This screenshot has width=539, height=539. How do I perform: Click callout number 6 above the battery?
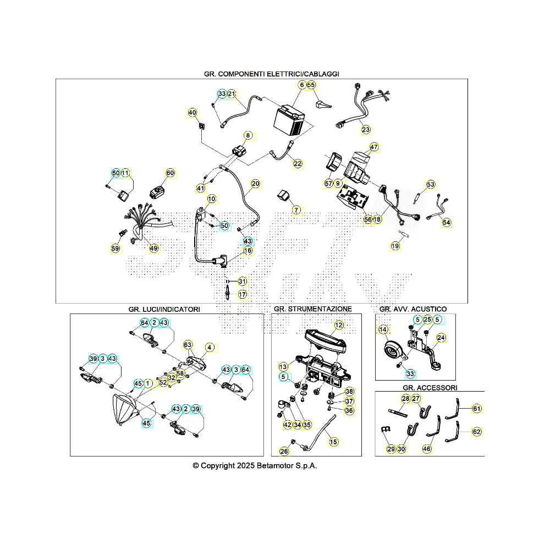point(301,85)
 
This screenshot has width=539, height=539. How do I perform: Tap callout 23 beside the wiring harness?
point(366,130)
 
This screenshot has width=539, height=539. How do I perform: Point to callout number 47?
point(374,147)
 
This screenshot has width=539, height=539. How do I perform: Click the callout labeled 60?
point(170,173)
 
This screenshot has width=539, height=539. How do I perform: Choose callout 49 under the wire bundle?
point(153,249)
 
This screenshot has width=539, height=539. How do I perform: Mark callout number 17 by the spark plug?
point(243,295)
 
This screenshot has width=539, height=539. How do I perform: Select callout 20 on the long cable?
point(255,183)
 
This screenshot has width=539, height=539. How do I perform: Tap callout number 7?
point(296,211)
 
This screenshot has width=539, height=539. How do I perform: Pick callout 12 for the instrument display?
point(339,326)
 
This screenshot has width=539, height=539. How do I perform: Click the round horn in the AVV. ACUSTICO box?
point(393,350)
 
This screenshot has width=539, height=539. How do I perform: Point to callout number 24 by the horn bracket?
point(441,338)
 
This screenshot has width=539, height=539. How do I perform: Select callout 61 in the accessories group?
point(476,409)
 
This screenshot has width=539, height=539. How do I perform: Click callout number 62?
point(476,432)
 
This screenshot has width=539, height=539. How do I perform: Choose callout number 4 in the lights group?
point(209,348)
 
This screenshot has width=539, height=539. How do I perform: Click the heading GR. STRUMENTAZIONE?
point(312,309)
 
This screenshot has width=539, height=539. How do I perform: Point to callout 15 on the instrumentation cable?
point(333,441)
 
